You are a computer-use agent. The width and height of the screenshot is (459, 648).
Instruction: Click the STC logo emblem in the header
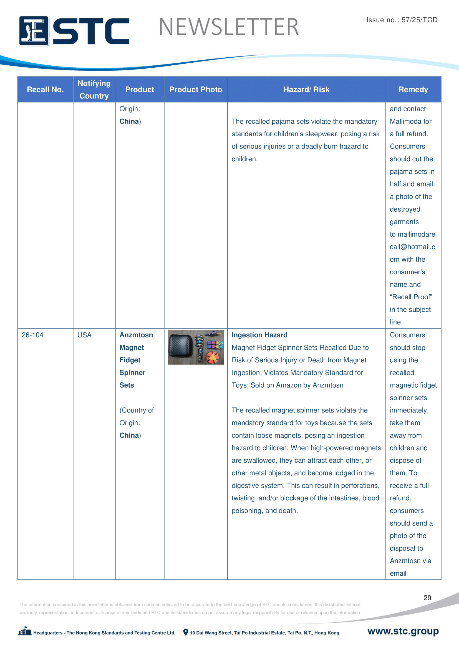point(34,31)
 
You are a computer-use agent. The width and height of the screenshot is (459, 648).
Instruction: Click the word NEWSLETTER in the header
point(229,27)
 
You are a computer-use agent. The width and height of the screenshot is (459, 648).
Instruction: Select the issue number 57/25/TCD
point(419,20)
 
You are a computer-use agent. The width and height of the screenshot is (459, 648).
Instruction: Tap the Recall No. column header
point(45,89)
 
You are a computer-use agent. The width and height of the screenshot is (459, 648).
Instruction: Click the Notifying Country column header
point(94,89)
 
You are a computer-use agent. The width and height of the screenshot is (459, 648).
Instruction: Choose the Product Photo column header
point(196,89)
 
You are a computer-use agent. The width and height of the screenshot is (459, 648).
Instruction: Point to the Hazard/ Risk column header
point(306,89)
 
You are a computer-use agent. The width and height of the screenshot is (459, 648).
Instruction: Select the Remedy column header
point(413,89)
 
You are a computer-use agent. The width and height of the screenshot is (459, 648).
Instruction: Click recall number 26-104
point(32,335)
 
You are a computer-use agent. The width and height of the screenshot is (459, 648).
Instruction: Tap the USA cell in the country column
point(85,335)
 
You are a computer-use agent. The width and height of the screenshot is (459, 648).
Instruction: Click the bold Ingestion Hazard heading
point(259,335)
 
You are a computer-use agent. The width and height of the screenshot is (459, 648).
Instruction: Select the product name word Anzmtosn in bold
point(136,335)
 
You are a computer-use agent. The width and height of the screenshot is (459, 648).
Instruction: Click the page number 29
point(427,598)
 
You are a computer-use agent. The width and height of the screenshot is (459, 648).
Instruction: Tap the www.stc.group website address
point(403,631)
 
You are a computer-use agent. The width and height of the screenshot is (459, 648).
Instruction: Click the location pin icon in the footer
point(186,632)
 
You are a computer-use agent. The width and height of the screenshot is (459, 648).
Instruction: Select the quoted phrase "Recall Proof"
point(411,297)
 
